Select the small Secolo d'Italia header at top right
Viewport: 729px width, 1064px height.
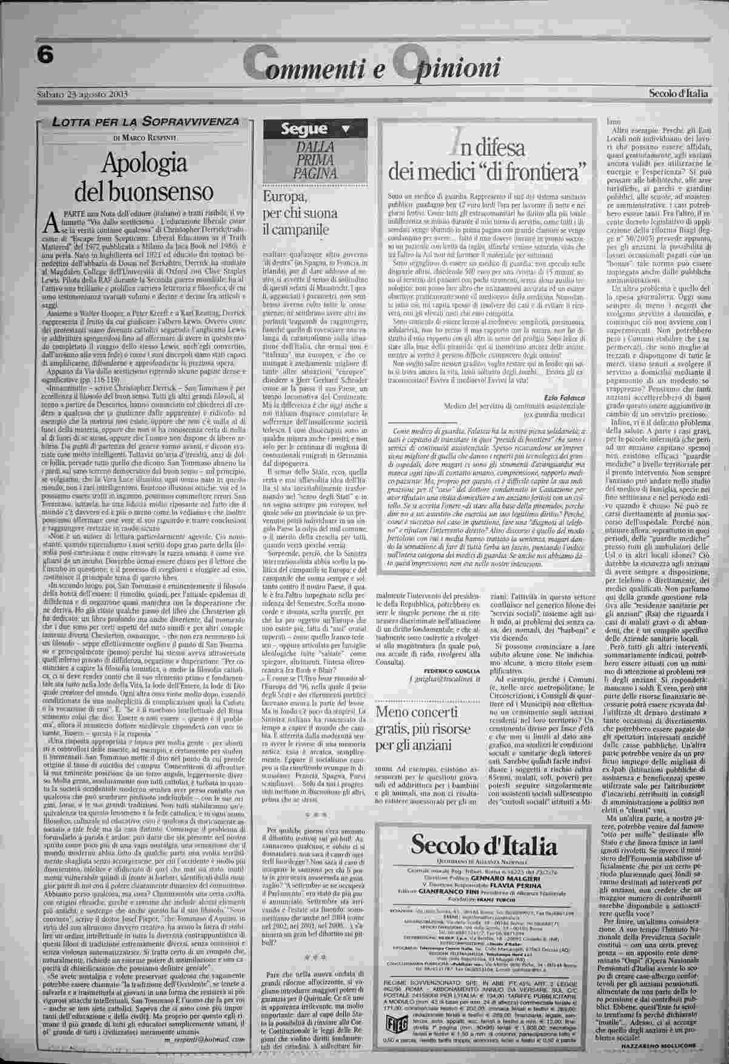point(678,93)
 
